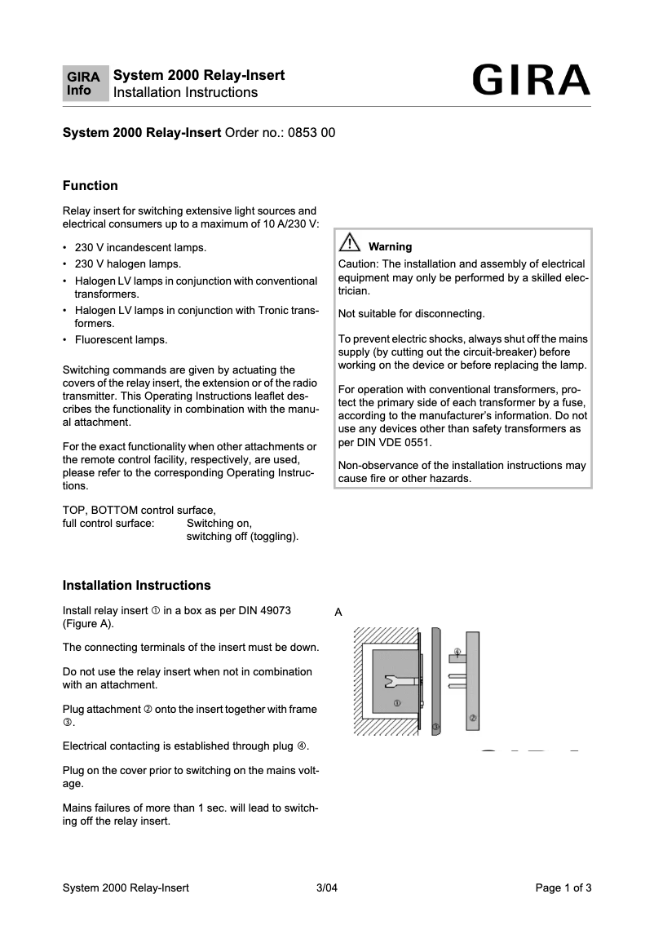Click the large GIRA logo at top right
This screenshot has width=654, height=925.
(x=531, y=82)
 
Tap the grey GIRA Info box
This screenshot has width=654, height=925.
(x=86, y=84)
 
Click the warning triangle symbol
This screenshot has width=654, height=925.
(x=350, y=243)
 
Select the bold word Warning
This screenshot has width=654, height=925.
(x=390, y=246)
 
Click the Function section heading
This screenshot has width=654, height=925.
(x=91, y=186)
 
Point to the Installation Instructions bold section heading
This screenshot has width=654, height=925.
(x=136, y=586)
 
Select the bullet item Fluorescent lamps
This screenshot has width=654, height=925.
(x=121, y=339)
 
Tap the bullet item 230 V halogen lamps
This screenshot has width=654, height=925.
(x=127, y=263)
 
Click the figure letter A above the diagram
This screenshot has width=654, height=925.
(x=338, y=612)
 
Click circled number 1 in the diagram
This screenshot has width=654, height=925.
(x=396, y=702)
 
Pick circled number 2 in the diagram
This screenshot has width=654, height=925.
(x=473, y=718)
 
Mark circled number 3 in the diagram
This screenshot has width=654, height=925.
(x=435, y=726)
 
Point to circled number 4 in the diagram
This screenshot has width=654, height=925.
(x=457, y=651)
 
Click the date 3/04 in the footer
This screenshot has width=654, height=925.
(x=326, y=888)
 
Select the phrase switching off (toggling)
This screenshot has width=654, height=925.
(x=242, y=537)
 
